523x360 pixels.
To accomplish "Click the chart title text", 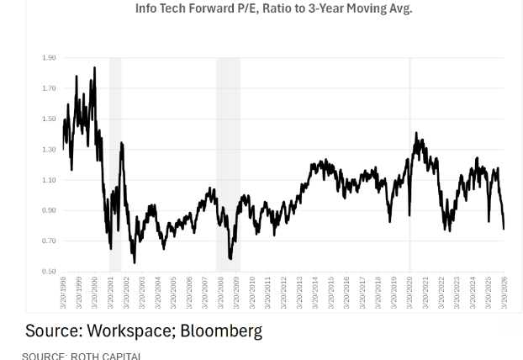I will pyautogui.click(x=273, y=8).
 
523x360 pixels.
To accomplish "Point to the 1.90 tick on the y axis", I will pyautogui.click(x=49, y=58).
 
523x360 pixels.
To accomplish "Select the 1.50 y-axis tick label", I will pyautogui.click(x=49, y=119).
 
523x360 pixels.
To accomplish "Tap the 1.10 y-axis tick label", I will pyautogui.click(x=49, y=180).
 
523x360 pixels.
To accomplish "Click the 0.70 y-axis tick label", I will pyautogui.click(x=49, y=241).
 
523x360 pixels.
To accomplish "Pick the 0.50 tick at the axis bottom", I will pyautogui.click(x=49, y=272).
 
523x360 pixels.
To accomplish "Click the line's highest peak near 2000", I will pyautogui.click(x=94, y=68).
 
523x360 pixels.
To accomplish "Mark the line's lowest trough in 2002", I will pyautogui.click(x=134, y=262).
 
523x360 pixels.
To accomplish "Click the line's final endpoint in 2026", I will pyautogui.click(x=504, y=228).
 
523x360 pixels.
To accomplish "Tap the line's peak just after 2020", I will pyautogui.click(x=416, y=133).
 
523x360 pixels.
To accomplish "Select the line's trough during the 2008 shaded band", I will pyautogui.click(x=230, y=258).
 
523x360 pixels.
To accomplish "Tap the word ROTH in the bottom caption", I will pyautogui.click(x=87, y=356).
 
